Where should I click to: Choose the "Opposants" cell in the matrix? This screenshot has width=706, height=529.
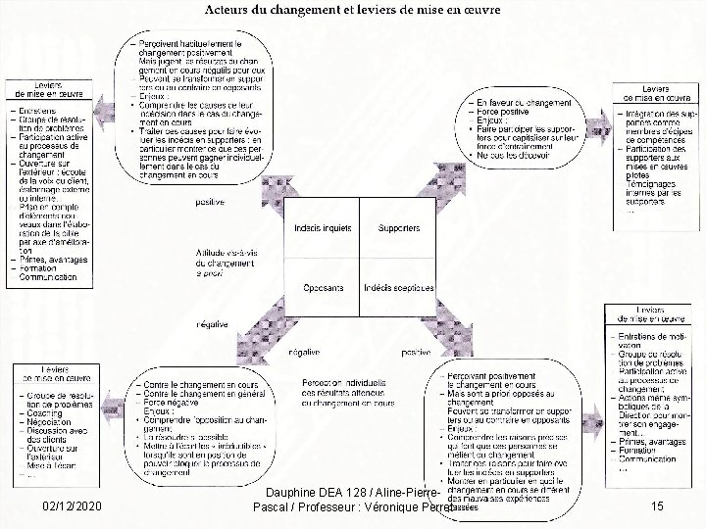click(319, 288)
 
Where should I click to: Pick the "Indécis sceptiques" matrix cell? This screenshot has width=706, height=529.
click(396, 288)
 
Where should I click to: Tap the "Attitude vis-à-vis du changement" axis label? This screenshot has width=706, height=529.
click(225, 256)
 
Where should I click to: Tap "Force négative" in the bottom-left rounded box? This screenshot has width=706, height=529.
click(169, 402)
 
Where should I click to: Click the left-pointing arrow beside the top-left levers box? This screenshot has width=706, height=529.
click(103, 107)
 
